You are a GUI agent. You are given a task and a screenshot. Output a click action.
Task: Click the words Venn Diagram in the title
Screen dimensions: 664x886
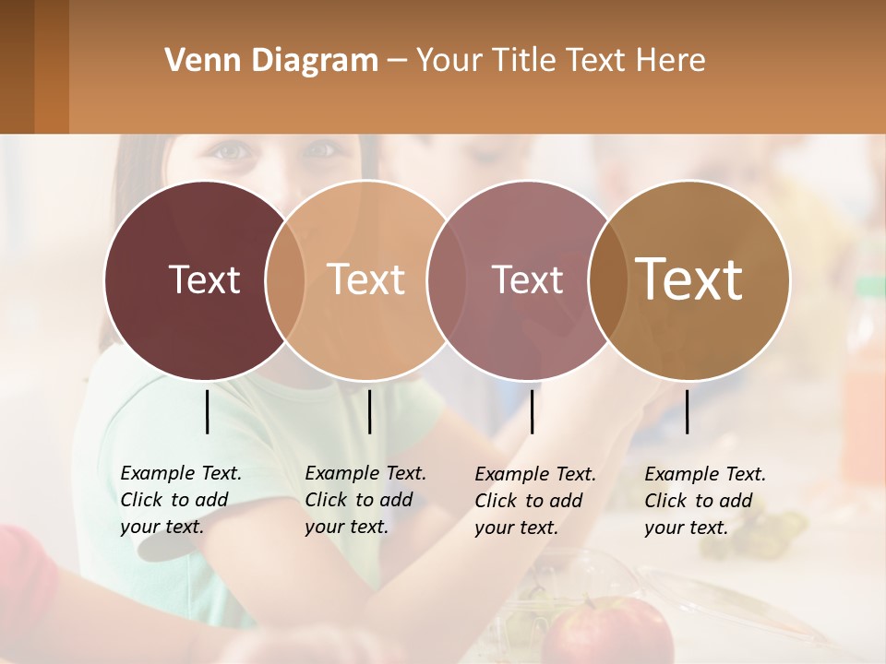coord(271,61)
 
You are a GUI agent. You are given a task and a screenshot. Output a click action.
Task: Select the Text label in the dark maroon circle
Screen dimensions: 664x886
coord(204,280)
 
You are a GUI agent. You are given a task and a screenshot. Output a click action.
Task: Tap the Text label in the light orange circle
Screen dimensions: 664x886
coord(366,280)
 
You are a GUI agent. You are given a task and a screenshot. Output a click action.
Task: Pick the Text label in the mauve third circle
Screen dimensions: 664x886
coord(528,280)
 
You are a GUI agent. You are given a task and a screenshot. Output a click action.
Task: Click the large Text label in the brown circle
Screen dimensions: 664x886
coord(689,279)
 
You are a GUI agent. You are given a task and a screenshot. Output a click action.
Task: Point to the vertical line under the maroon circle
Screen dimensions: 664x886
coord(207,411)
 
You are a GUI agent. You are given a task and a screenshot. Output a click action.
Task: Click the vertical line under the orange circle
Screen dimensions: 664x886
coord(369,411)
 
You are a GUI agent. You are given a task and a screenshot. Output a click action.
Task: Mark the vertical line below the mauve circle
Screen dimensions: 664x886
coord(532,411)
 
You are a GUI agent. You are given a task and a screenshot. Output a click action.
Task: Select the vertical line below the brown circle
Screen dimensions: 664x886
coord(687,411)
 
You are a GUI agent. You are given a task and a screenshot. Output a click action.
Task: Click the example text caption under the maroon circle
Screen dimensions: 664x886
coord(181,500)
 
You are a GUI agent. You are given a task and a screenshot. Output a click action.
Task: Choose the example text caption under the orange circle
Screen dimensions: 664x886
coord(365,500)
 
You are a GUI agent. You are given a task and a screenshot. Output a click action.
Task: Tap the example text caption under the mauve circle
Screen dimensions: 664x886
coord(535,501)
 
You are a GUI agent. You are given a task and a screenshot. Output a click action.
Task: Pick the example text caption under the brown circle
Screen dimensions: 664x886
coord(705,501)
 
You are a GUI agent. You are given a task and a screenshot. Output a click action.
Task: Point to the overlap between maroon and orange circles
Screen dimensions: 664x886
coord(285,280)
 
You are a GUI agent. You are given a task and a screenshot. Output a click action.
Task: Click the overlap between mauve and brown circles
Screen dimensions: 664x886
coord(607,280)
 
